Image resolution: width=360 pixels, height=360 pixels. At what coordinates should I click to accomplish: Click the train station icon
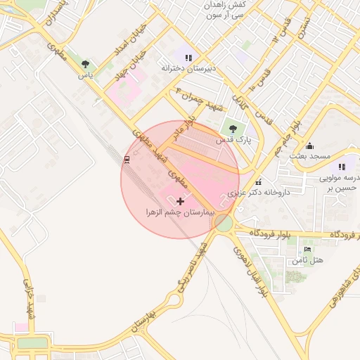[x=127, y=160]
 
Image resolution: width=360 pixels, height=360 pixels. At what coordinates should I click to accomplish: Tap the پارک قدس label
[x=233, y=140]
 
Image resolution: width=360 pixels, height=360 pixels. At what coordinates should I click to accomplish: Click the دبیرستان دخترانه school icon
[x=188, y=56]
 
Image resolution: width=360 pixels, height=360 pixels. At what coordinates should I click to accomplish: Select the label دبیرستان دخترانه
[x=187, y=68]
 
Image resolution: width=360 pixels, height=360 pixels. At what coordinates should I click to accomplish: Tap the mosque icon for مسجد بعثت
[x=309, y=145]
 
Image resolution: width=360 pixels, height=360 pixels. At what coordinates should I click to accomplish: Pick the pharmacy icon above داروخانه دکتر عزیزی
[x=258, y=182]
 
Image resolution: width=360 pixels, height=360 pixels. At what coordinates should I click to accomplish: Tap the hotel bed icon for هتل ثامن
[x=307, y=250]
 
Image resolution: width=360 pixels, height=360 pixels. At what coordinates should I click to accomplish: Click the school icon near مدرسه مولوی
[x=342, y=167]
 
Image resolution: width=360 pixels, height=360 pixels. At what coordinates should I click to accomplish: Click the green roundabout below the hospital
[x=224, y=224]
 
